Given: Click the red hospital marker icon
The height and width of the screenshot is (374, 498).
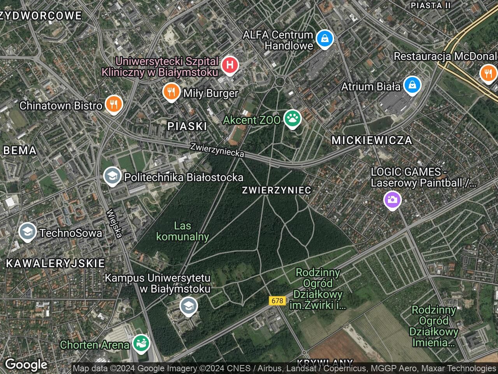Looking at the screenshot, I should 230,65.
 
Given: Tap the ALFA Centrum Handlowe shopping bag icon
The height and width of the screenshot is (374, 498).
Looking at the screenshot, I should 324,39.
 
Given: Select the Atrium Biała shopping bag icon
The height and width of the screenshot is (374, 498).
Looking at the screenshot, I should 412,85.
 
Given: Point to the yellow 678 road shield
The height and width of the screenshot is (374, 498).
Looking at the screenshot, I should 277,301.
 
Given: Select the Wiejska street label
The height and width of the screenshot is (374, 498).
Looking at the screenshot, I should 114,223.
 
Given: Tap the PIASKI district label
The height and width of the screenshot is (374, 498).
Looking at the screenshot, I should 187,126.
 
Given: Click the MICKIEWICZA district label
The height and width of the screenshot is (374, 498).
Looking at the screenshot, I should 372,140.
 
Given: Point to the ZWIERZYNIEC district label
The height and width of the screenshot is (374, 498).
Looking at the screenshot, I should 276,190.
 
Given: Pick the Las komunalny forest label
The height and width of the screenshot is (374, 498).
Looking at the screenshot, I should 183,231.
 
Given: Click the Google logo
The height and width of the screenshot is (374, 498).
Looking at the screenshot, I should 26,365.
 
